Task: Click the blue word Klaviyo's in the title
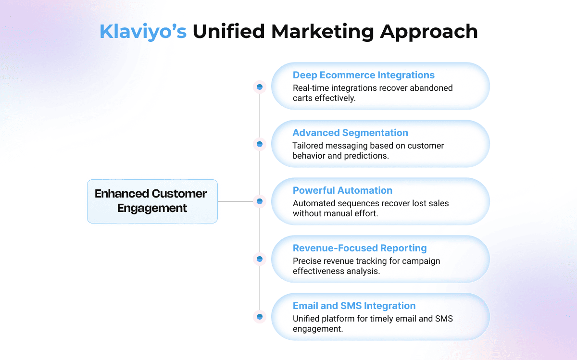coord(143,32)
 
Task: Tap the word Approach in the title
coord(429,32)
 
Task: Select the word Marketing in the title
coord(323,32)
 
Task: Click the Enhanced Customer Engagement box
coord(152,201)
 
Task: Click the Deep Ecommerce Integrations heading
coord(364,75)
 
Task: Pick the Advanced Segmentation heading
coord(351,133)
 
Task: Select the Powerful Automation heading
coord(342,190)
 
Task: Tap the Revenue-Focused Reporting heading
coord(360,248)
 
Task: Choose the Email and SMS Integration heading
coord(354,306)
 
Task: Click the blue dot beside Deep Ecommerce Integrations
coord(260,87)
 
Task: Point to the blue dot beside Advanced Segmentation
coord(260,144)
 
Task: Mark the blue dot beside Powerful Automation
coord(260,201)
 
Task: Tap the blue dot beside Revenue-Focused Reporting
coord(260,259)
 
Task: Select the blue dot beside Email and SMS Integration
coord(260,316)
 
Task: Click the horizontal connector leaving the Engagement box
coord(236,201)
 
